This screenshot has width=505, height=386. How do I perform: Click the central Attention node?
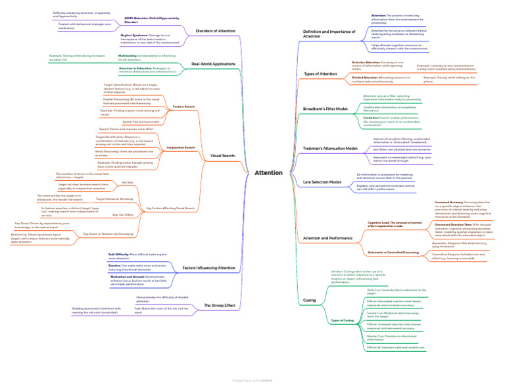[x=268, y=173]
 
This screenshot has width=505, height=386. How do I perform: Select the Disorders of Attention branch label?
[x=215, y=31]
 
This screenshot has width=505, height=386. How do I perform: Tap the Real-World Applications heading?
[x=213, y=64]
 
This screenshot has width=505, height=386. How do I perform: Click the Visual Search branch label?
[x=222, y=156]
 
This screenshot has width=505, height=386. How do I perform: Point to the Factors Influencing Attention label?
[x=208, y=268]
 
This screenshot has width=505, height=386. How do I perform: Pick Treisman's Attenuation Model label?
[x=329, y=149]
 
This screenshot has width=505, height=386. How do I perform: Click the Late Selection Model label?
[x=322, y=181]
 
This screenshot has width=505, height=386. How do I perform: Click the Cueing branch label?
[x=309, y=300]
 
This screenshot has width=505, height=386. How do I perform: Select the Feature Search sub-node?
[x=183, y=107]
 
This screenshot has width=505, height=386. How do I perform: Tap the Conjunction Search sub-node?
[x=181, y=147]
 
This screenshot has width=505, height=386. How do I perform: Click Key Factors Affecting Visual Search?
[x=170, y=208]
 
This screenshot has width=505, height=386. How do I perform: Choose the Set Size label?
[x=128, y=182]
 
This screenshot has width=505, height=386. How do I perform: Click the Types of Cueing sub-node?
[x=342, y=320]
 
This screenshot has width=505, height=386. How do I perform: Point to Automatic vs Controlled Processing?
[x=393, y=252]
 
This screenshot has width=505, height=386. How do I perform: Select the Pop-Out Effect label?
[x=123, y=214]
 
